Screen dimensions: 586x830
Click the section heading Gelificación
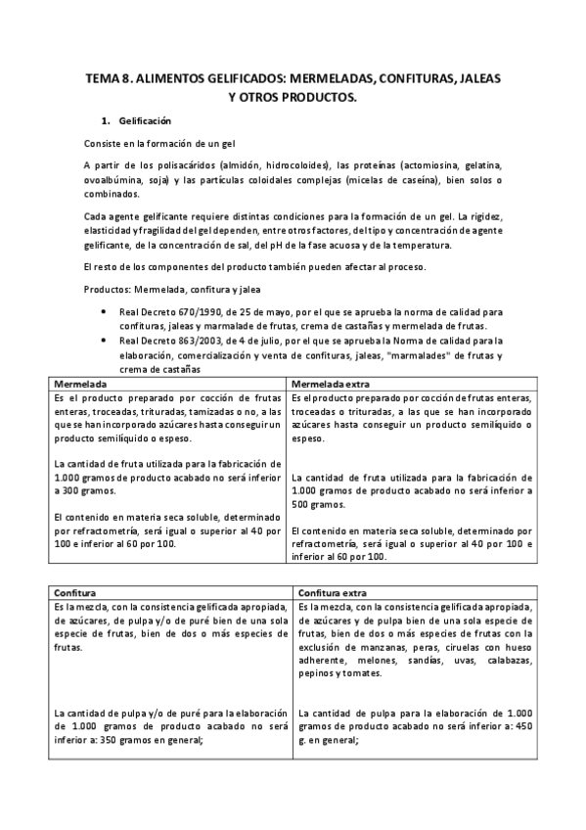(x=145, y=121)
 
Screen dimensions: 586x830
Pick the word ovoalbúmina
(x=113, y=179)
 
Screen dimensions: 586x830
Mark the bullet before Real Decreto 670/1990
(x=105, y=312)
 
